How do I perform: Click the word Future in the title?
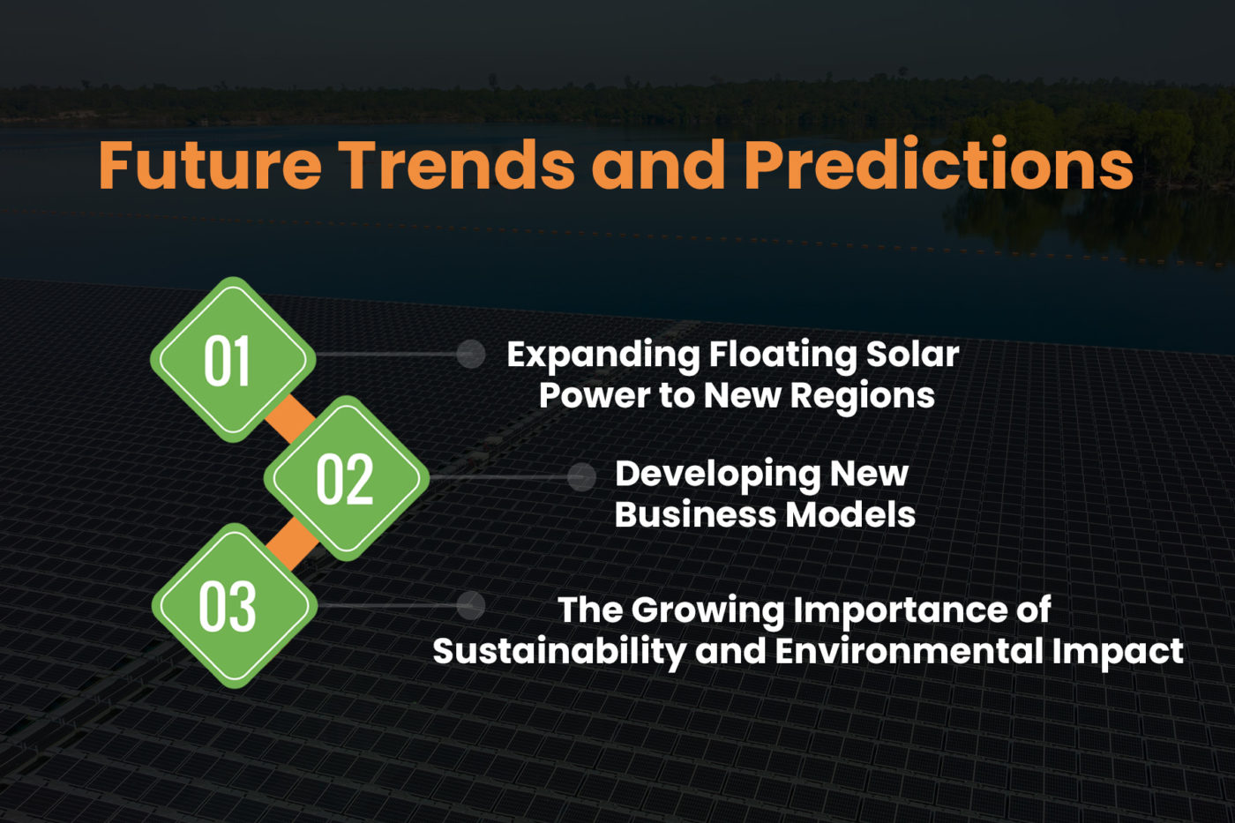[209, 165]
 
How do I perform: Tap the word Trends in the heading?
[457, 165]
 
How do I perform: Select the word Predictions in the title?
[939, 165]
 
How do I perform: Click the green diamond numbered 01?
[233, 360]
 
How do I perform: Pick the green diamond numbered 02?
[346, 479]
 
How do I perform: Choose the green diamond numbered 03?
[234, 606]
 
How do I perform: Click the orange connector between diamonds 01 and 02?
[289, 419]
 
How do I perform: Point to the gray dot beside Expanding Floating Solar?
[471, 354]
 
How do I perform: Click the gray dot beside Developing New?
[581, 477]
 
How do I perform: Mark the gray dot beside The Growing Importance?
[471, 605]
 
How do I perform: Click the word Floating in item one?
[782, 355]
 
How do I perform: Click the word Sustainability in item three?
[558, 653]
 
